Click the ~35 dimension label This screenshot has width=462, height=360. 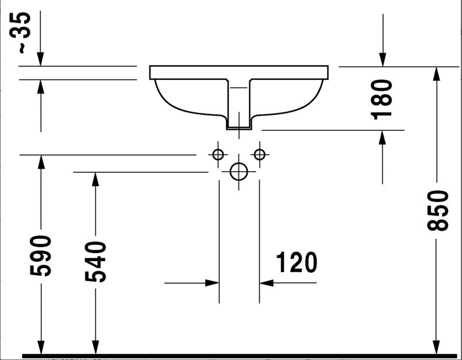[20, 32]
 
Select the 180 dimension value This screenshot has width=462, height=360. [382, 99]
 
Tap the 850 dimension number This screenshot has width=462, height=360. [437, 210]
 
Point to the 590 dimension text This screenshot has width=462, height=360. [40, 256]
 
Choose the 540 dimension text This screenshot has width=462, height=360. [95, 262]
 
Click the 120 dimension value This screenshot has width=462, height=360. [297, 262]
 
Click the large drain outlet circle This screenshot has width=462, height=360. [238, 172]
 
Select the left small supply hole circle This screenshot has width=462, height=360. [218, 154]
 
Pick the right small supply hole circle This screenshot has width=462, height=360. [260, 154]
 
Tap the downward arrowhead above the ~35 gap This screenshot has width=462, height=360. [40, 59]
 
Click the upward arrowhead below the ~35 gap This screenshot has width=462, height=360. [41, 87]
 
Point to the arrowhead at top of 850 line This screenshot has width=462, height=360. [437, 74]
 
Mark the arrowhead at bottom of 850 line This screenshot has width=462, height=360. [437, 347]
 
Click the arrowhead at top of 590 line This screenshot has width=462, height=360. [41, 162]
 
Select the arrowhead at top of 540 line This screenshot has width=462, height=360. [95, 179]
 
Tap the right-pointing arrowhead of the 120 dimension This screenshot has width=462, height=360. [212, 283]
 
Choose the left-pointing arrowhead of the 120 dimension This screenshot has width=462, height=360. [267, 283]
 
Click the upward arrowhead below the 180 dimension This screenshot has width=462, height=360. [383, 137]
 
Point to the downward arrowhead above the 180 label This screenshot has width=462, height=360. [383, 60]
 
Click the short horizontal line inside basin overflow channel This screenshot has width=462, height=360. [238, 88]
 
